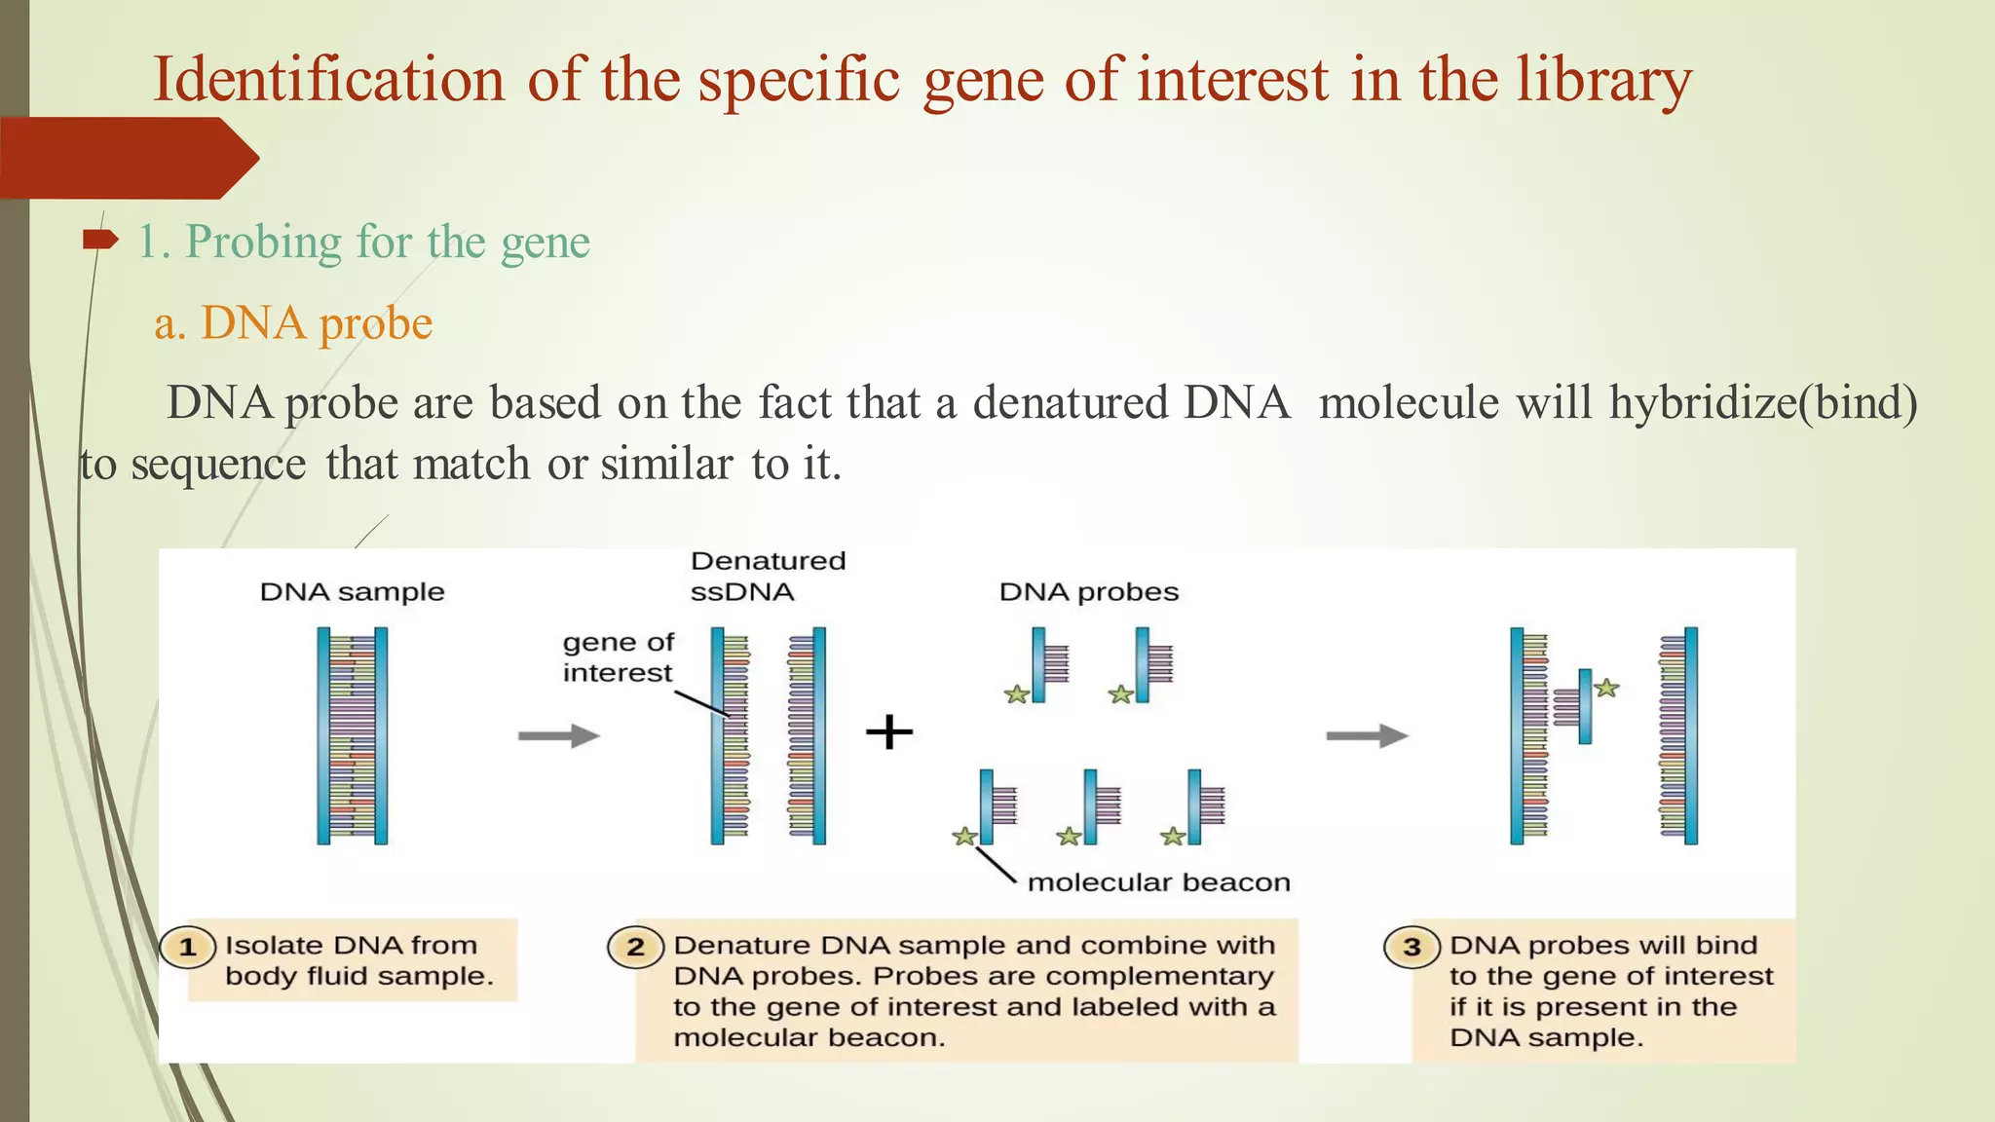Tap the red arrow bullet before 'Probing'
[99, 240]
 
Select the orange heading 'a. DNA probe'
[293, 323]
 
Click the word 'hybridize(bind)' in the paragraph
[1762, 403]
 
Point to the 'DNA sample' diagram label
[352, 592]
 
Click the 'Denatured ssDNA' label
[767, 577]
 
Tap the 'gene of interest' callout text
[618, 657]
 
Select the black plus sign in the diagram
[889, 731]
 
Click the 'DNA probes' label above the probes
[1088, 592]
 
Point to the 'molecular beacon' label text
[1158, 882]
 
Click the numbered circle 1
[188, 947]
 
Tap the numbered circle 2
[635, 947]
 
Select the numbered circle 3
[1412, 947]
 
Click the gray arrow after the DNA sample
[558, 735]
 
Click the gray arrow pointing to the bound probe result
[1367, 735]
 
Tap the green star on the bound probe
[1606, 689]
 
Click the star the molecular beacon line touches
[964, 837]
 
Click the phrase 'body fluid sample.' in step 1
[358, 976]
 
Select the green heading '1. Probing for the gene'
[363, 242]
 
